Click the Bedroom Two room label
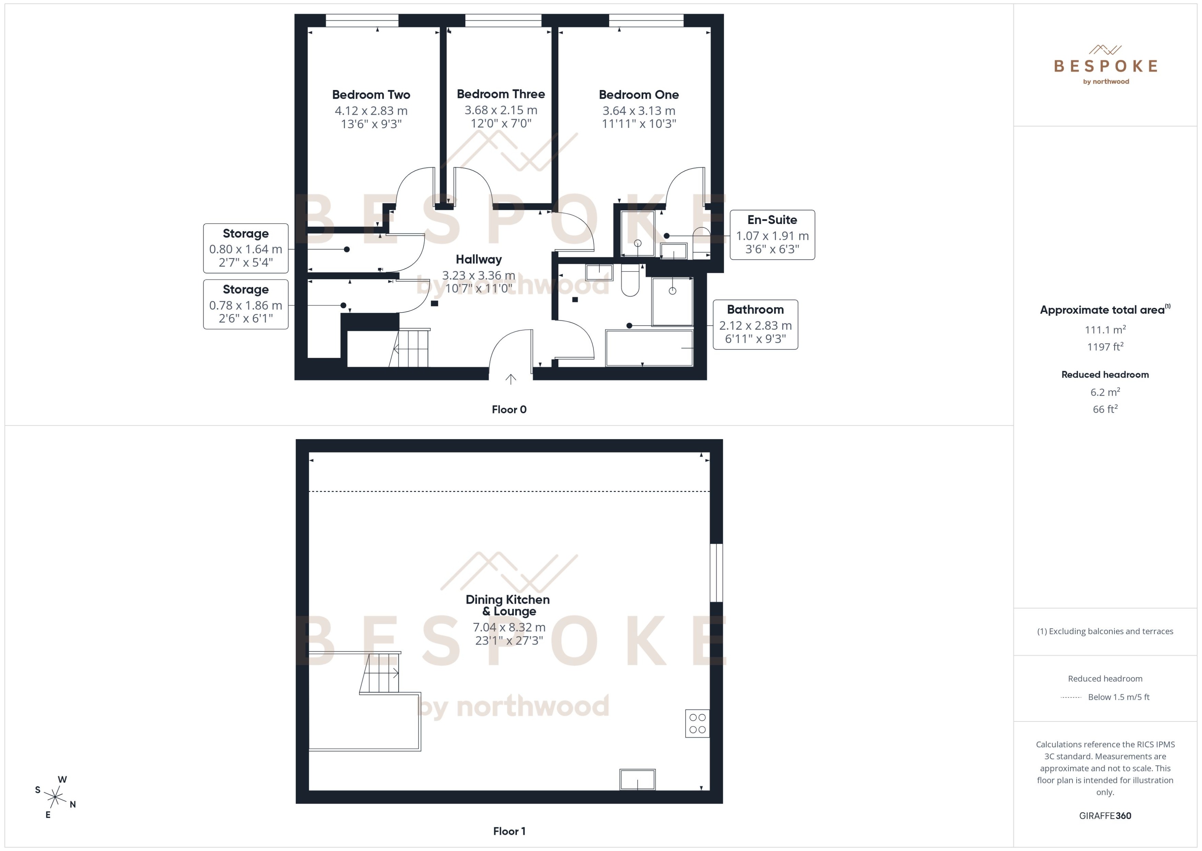click(371, 95)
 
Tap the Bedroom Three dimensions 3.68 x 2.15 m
click(501, 110)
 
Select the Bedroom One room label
click(638, 95)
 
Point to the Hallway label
click(479, 259)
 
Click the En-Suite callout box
click(772, 235)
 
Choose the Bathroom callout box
click(755, 324)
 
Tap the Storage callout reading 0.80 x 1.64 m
click(246, 248)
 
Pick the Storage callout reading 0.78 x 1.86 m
click(246, 304)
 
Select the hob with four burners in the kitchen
click(697, 724)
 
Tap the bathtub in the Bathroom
click(649, 348)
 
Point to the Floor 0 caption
click(509, 410)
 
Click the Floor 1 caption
click(509, 831)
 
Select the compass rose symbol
click(55, 797)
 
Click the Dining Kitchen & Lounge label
click(508, 605)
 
